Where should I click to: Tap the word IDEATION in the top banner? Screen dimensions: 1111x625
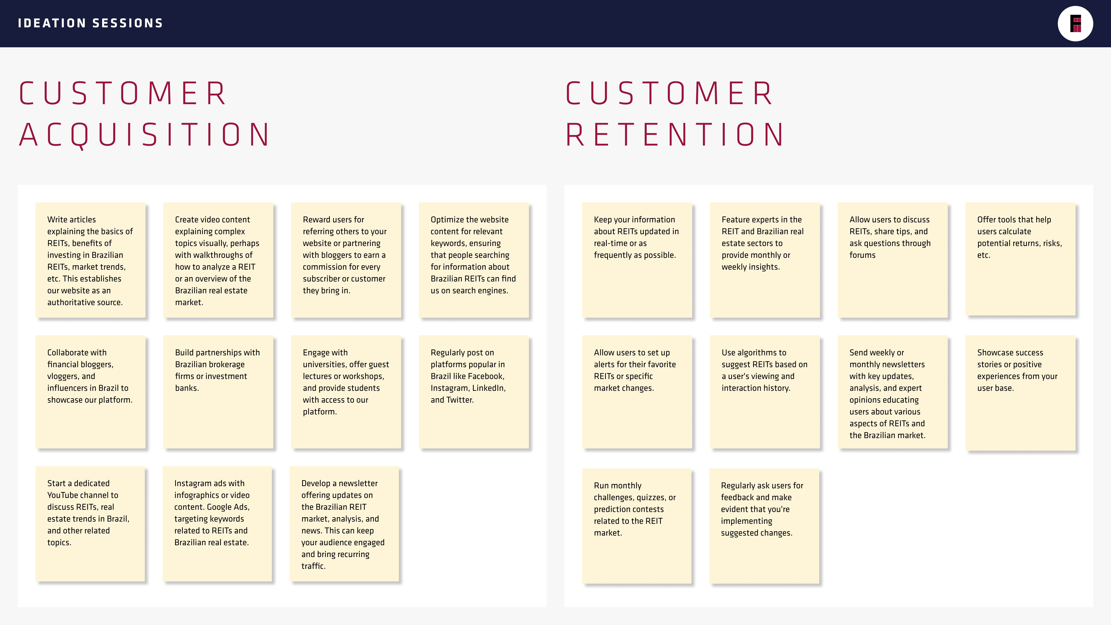coord(52,23)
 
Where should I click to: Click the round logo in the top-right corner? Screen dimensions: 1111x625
coord(1075,24)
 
